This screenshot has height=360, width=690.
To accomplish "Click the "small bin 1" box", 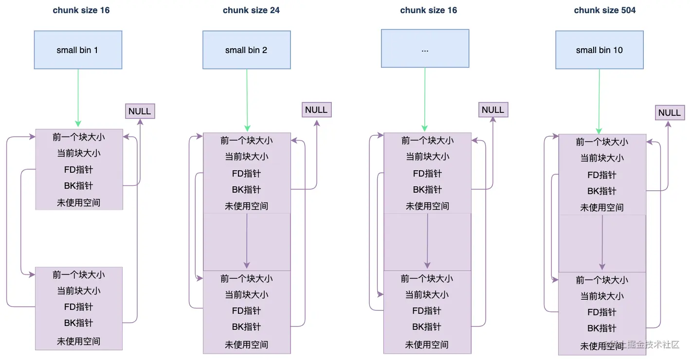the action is click(x=78, y=50).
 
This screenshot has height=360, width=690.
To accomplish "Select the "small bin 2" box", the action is click(x=246, y=50).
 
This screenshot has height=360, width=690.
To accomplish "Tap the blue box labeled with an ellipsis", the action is click(x=425, y=48).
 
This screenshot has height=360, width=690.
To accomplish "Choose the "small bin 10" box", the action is click(x=599, y=50).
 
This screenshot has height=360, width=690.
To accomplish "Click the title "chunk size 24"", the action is click(x=251, y=10).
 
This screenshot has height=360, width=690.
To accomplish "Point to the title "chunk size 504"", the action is click(x=604, y=10).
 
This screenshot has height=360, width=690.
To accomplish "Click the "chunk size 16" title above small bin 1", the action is click(x=81, y=10).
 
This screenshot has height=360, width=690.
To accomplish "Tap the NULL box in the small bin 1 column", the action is click(x=140, y=111).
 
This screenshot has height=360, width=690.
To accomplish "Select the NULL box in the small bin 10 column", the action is click(x=670, y=113).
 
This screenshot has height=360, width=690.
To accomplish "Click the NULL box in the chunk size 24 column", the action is click(x=316, y=109).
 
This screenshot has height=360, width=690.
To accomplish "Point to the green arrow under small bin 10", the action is click(x=599, y=102).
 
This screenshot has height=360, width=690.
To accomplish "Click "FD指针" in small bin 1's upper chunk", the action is click(x=78, y=169).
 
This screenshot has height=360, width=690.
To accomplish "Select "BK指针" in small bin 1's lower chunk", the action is click(x=78, y=323).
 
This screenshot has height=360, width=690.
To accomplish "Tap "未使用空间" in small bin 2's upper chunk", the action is click(x=246, y=206).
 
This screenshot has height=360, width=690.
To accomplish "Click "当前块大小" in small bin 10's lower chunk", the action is click(x=602, y=296).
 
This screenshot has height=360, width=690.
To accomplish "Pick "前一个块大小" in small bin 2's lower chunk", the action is click(x=246, y=279).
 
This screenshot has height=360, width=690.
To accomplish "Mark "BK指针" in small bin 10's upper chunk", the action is click(x=601, y=191).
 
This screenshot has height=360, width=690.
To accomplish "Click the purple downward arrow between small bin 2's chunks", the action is click(x=247, y=241).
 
